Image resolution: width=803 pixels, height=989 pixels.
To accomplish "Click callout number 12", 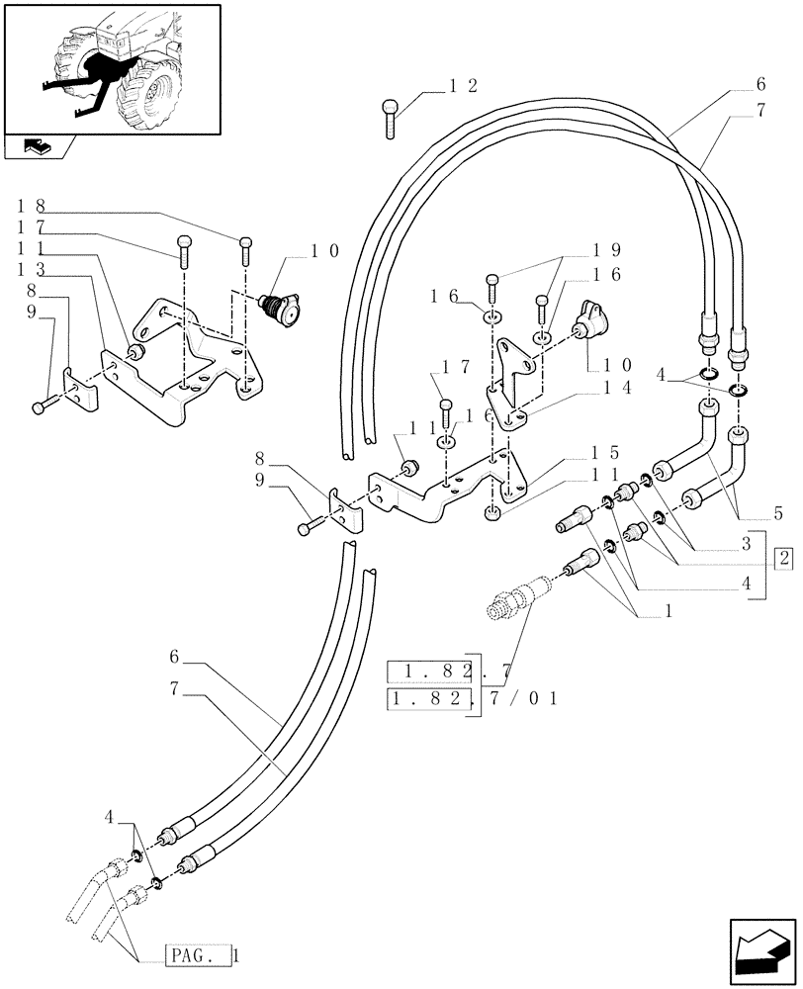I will [463, 87].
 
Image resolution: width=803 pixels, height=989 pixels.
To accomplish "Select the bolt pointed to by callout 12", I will [391, 117].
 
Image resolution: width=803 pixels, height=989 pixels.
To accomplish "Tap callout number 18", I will [30, 207].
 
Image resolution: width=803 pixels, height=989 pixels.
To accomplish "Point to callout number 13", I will [30, 270].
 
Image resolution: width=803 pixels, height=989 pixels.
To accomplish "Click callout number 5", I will [778, 513].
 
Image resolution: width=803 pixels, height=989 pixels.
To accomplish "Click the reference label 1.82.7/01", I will [474, 698].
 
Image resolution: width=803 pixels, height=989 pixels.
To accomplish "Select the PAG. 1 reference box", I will [201, 956].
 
